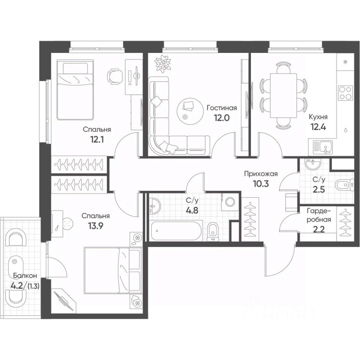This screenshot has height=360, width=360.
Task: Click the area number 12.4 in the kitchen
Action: [318, 127]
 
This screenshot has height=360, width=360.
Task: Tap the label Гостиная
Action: [222, 108]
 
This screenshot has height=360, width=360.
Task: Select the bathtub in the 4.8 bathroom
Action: [176, 231]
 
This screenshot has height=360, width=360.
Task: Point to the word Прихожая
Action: [260, 174]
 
